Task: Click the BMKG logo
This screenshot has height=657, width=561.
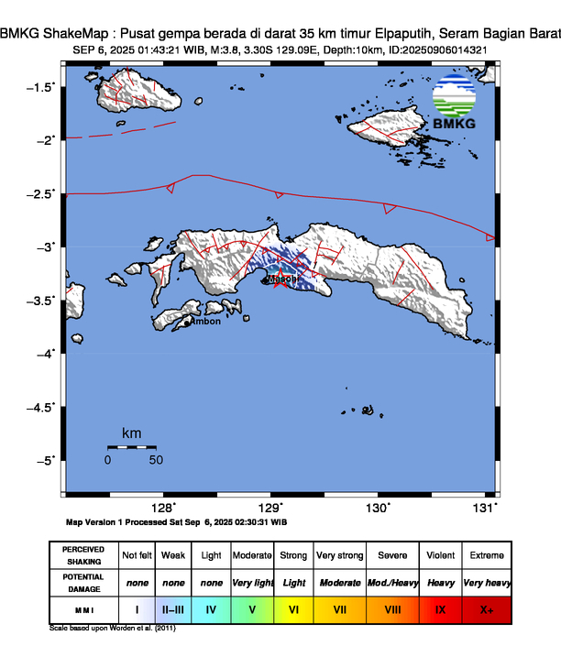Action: click(x=456, y=103)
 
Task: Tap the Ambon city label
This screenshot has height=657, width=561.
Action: click(x=204, y=322)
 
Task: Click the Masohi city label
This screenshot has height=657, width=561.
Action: click(x=282, y=279)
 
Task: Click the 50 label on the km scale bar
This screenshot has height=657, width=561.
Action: click(x=156, y=460)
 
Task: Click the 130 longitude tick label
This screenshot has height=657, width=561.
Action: click(x=379, y=508)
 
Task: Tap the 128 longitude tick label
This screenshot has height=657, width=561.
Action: click(x=163, y=508)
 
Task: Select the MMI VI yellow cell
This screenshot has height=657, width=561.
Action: click(x=294, y=608)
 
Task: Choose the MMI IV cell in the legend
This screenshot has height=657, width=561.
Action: click(x=211, y=608)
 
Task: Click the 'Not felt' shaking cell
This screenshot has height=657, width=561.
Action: click(x=137, y=556)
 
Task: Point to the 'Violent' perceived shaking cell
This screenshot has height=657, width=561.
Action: click(x=440, y=556)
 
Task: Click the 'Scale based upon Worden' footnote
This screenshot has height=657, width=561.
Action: click(x=112, y=629)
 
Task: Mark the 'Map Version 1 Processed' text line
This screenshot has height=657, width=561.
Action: click(x=177, y=521)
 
